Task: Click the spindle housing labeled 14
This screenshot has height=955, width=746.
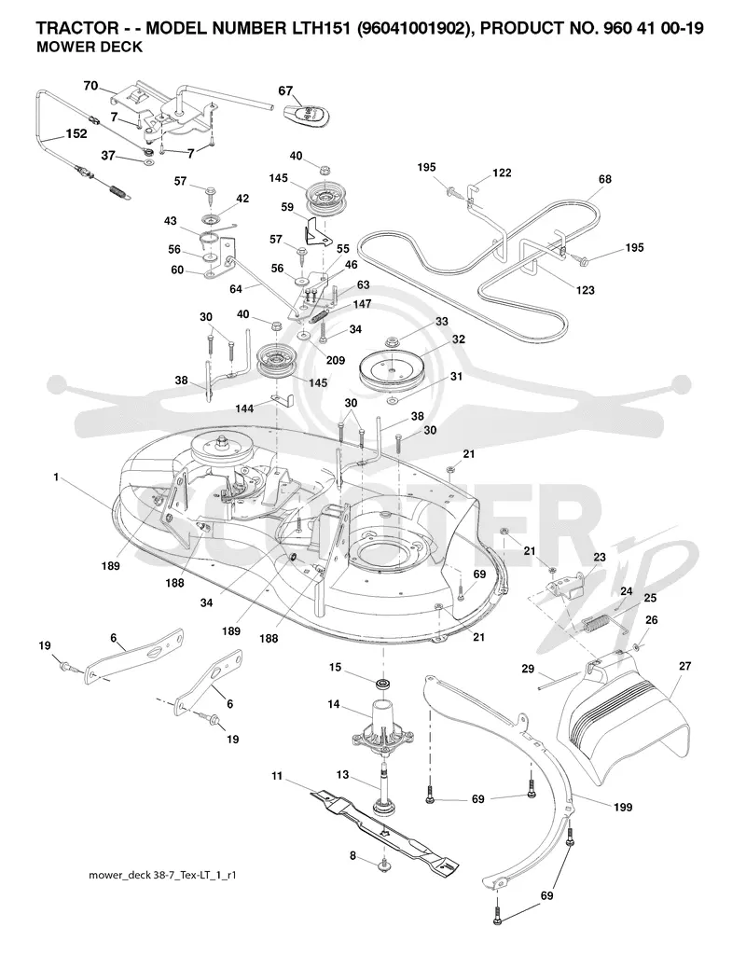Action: point(382,725)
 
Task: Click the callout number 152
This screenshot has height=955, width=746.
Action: point(76,133)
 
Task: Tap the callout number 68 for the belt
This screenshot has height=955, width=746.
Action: point(604,179)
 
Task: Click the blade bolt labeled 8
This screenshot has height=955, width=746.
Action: point(383,864)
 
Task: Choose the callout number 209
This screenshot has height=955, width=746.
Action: point(335,361)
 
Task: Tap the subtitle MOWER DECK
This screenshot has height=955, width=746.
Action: point(90,48)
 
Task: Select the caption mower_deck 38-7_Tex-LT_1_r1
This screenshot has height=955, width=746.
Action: point(162,876)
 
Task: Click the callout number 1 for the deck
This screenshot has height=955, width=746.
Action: point(56,477)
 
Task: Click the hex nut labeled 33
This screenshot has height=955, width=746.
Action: point(390,339)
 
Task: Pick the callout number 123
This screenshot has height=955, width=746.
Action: point(586,290)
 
